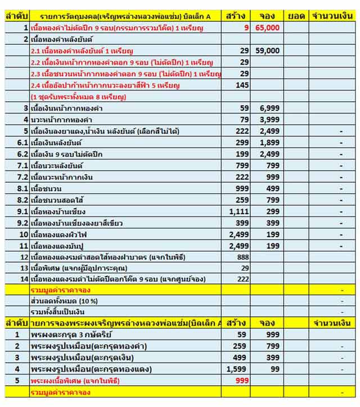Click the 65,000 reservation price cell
tap(267, 27)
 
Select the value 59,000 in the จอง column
tap(267, 51)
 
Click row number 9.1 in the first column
tap(23, 211)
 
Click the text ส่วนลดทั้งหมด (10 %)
tap(64, 301)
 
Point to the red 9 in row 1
tap(246, 27)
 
